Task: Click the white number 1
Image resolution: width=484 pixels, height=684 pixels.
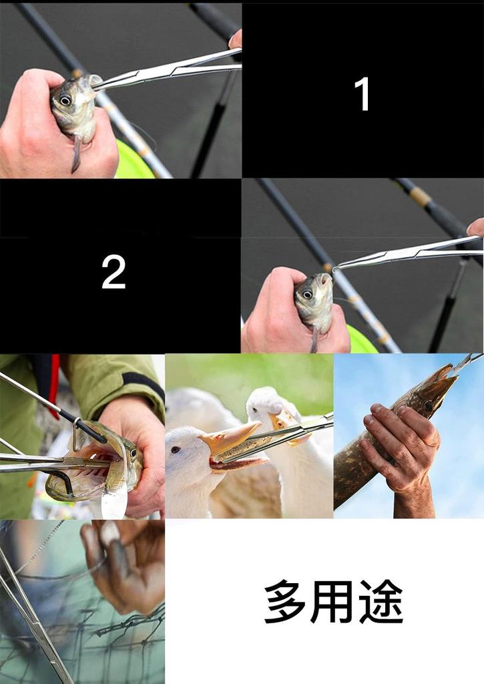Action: [362, 94]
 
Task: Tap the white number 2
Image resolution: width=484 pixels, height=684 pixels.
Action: [113, 272]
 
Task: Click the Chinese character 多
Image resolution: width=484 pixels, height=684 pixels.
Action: [285, 601]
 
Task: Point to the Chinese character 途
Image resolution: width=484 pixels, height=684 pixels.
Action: [381, 601]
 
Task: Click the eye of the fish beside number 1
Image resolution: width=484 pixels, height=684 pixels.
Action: [65, 100]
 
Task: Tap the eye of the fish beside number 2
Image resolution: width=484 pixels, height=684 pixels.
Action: [307, 294]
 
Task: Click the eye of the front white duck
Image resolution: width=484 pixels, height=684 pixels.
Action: [176, 450]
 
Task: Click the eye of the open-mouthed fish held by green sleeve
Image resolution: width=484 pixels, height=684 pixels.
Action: [133, 454]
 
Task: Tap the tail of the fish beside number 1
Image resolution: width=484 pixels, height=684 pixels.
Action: [76, 154]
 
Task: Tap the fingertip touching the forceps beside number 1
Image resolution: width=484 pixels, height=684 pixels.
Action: [236, 39]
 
